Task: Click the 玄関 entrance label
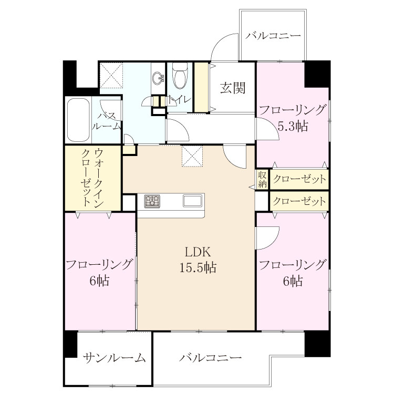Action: [232, 88]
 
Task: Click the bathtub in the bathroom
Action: [79, 120]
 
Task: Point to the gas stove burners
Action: [152, 201]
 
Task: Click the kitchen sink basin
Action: [192, 201]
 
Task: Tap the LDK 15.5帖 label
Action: [198, 260]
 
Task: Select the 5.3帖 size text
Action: [293, 127]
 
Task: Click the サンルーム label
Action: [115, 357]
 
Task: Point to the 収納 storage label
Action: [262, 180]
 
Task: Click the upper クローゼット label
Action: [299, 180]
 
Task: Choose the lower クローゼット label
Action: [299, 201]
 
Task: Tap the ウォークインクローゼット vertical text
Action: [92, 177]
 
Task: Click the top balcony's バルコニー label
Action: [273, 35]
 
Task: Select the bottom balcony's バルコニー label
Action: [210, 357]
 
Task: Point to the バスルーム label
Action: [107, 121]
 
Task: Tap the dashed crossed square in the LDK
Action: [192, 156]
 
